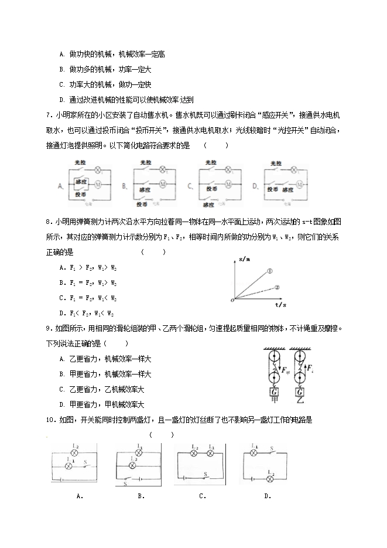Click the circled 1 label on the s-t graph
pyautogui.click(x=270, y=271)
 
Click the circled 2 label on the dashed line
pyautogui.click(x=277, y=287)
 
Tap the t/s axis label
pyautogui.click(x=280, y=305)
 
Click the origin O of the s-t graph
pyautogui.click(x=233, y=300)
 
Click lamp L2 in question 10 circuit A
pyautogui.click(x=75, y=453)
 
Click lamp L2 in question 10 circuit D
pyautogui.click(x=270, y=478)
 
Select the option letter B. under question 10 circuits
pyautogui.click(x=141, y=496)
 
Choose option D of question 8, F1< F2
pyautogui.click(x=87, y=313)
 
